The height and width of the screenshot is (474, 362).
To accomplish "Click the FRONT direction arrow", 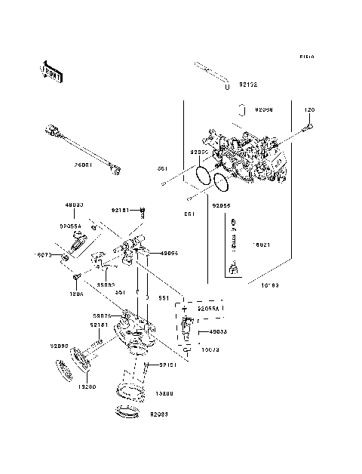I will tap(51, 70).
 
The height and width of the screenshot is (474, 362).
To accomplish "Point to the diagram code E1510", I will tap(306, 57).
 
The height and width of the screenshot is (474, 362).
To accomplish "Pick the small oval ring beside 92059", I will tap(242, 111).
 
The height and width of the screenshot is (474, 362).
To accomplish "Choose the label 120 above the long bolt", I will tap(308, 110).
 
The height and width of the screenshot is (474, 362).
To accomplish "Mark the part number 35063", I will tap(106, 285).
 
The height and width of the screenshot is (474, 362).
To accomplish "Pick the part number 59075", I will tap(102, 316).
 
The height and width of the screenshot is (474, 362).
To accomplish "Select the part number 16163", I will tap(270, 286).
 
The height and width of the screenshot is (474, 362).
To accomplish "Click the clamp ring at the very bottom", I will tap(130, 414).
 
